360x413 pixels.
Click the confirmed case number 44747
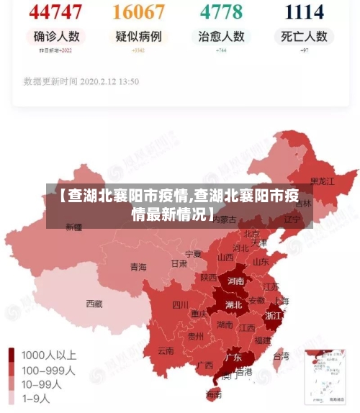pyautogui.click(x=55, y=12)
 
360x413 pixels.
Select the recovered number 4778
pyautogui.click(x=221, y=12)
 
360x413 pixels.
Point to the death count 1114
pyautogui.click(x=304, y=12)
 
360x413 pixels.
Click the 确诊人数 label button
pyautogui.click(x=55, y=36)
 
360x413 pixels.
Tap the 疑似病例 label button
pyautogui.click(x=138, y=36)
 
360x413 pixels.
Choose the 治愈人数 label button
pyautogui.click(x=221, y=36)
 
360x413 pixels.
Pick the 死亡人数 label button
pyautogui.click(x=304, y=36)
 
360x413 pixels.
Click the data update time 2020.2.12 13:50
pyautogui.click(x=81, y=81)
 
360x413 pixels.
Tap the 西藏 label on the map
pyautogui.click(x=94, y=304)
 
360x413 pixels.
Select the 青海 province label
pyautogui.click(x=138, y=267)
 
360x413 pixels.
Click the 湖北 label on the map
pyautogui.click(x=233, y=304)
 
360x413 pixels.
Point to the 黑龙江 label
pyautogui.click(x=322, y=181)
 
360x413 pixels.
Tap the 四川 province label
pyautogui.click(x=180, y=304)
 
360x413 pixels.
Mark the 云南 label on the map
pyautogui.click(x=166, y=351)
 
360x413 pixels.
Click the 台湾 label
pyautogui.click(x=281, y=355)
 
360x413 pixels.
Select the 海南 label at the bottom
pyautogui.click(x=214, y=394)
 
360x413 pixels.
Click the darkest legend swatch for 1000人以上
pyautogui.click(x=12, y=355)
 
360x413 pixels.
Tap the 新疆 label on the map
pyautogui.click(x=74, y=227)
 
